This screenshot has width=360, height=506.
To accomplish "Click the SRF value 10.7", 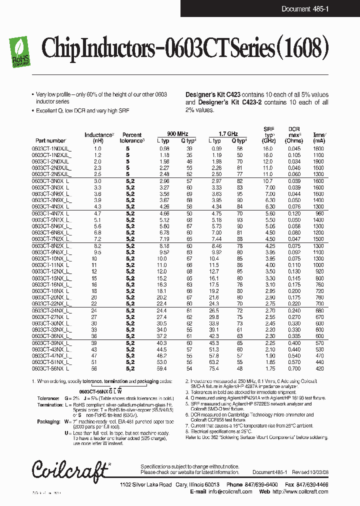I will tap(269, 180).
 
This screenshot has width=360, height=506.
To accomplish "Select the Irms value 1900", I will tap(318, 161).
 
